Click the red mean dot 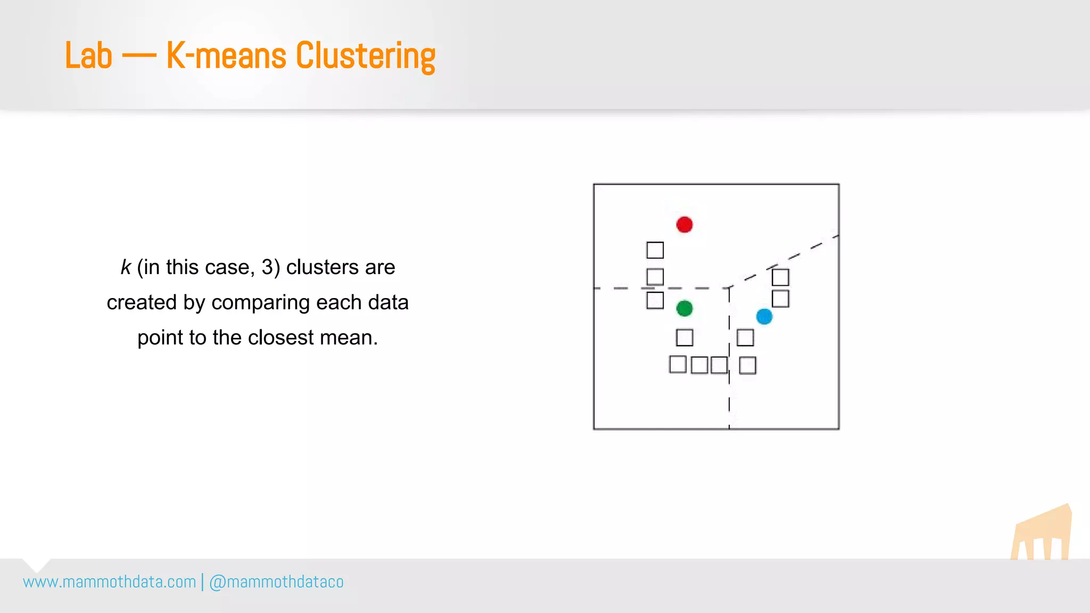point(684,225)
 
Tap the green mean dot point(684,308)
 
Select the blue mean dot point(764,317)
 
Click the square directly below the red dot point(655,250)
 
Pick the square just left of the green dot point(655,300)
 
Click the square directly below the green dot point(684,337)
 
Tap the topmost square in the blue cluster point(780,277)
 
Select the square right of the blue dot point(780,299)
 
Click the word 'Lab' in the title point(88,55)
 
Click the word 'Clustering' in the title point(365,55)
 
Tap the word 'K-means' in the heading point(226,55)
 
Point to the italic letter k point(126,267)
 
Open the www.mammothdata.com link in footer point(110,582)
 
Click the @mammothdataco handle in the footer point(276,582)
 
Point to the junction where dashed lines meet point(729,288)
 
